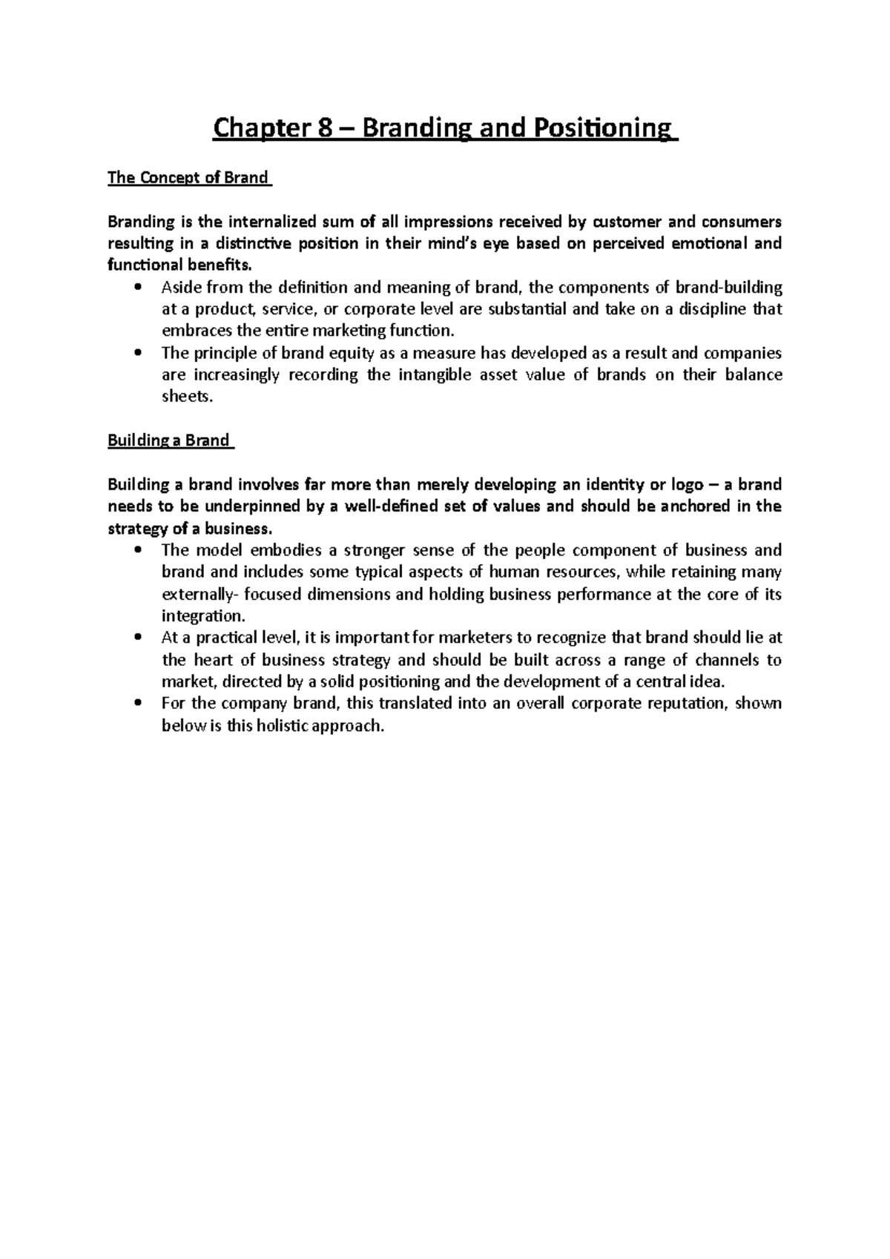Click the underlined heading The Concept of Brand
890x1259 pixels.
pyautogui.click(x=188, y=178)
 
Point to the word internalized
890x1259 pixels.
pyautogui.click(x=274, y=222)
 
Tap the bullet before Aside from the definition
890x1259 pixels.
pyautogui.click(x=139, y=288)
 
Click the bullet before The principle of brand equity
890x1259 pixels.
pyautogui.click(x=139, y=353)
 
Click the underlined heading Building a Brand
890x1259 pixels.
pyautogui.click(x=169, y=440)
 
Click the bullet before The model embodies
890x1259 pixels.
pyautogui.click(x=139, y=550)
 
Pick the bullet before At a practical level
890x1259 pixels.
pyautogui.click(x=139, y=638)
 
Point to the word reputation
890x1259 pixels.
pyautogui.click(x=688, y=703)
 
